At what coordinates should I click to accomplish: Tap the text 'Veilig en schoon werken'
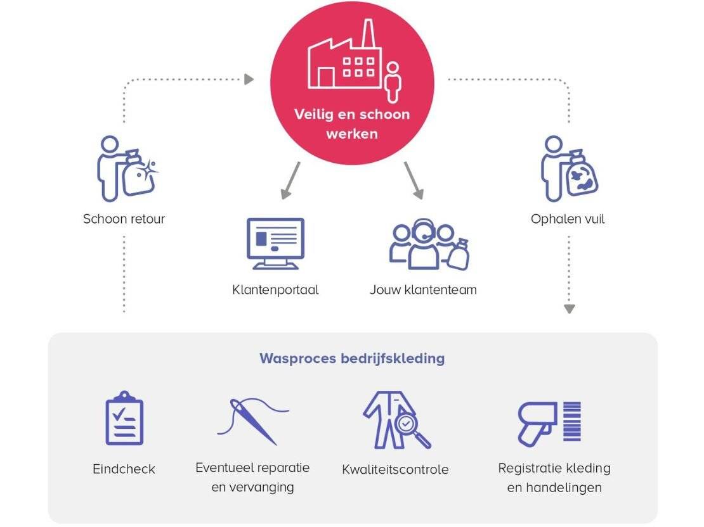[x=352, y=124]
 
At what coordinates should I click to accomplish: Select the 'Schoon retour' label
[x=124, y=219]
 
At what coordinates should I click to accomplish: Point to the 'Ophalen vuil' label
[x=568, y=219]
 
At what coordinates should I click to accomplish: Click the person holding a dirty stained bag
[x=569, y=168]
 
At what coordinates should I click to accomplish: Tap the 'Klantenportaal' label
[x=275, y=290]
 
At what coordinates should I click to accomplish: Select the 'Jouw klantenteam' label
[x=423, y=290]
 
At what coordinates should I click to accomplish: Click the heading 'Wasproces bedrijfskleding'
[x=352, y=359]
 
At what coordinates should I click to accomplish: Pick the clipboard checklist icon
[x=124, y=419]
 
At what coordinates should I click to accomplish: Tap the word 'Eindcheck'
[x=124, y=469]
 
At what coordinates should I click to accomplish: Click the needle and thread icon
[x=252, y=419]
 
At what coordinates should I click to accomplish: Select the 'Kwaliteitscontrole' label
[x=395, y=469]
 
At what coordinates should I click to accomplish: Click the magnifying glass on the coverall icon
[x=408, y=426]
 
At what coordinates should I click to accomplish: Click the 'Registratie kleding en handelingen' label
[x=554, y=478]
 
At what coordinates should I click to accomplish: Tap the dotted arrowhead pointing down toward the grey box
[x=569, y=308]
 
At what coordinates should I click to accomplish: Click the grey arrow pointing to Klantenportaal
[x=290, y=181]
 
